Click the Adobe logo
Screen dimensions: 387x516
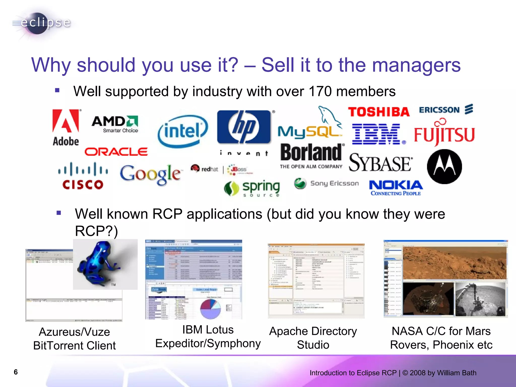[66, 127]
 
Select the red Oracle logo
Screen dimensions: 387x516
[116, 152]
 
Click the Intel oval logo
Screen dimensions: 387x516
[183, 131]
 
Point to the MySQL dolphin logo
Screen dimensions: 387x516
[310, 123]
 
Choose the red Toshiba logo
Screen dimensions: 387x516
[379, 112]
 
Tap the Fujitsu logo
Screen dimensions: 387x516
[444, 134]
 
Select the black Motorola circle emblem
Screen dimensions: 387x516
[444, 167]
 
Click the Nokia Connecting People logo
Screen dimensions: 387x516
[396, 188]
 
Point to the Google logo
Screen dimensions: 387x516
[150, 174]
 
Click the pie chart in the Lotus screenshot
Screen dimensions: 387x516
[210, 308]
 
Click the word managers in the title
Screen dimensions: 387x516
[416, 65]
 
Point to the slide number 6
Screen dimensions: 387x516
[16, 372]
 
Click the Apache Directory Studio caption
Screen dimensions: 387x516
[313, 338]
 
